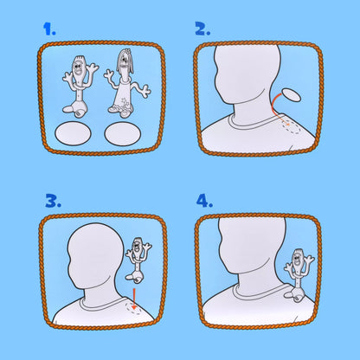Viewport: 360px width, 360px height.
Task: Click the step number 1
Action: tap(49, 29)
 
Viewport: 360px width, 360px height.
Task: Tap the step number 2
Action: tap(202, 29)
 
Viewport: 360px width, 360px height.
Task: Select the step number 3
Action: tap(53, 201)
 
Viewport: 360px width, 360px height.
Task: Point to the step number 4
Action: tap(204, 201)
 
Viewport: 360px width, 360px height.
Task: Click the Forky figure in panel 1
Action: tap(79, 87)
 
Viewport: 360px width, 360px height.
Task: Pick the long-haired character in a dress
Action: tap(125, 84)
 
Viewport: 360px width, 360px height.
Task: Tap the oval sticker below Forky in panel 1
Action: tap(73, 133)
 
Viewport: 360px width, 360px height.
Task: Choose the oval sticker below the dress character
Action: tap(123, 133)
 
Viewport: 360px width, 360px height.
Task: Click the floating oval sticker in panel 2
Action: tap(291, 95)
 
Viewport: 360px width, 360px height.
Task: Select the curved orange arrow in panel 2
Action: tap(273, 107)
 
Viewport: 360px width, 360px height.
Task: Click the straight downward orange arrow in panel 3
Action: tap(134, 299)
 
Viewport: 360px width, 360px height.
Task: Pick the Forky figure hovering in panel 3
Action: tap(138, 259)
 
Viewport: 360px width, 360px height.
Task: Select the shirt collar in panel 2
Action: tap(253, 123)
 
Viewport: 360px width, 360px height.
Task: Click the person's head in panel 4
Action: tap(252, 245)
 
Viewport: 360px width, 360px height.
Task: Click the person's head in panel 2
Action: tap(247, 74)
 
